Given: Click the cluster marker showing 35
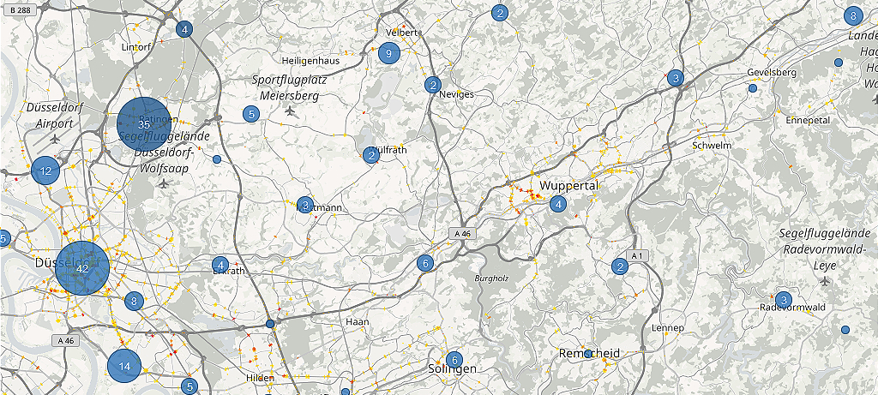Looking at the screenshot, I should (x=144, y=125).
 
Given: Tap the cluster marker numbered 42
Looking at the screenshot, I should (x=82, y=268).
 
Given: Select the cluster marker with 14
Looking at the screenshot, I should (x=124, y=366).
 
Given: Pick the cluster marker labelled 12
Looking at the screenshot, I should (x=46, y=171).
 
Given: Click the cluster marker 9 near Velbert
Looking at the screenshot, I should (x=389, y=54).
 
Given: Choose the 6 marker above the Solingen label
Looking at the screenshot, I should (x=454, y=360).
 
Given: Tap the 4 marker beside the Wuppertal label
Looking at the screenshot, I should (x=558, y=204).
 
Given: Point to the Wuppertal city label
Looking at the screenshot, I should (x=568, y=185).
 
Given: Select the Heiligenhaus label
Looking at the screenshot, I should (x=310, y=62).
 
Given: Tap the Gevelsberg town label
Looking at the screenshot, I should (x=772, y=72).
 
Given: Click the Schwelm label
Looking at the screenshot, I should (x=712, y=146).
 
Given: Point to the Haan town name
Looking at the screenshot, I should (x=357, y=321).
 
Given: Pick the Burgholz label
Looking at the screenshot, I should (x=490, y=278).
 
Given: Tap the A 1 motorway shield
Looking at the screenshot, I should (x=636, y=256).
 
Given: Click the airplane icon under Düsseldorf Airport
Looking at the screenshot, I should (x=57, y=138).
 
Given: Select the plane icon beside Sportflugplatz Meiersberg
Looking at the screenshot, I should (x=290, y=111).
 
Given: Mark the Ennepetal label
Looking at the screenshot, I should (x=808, y=120).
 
